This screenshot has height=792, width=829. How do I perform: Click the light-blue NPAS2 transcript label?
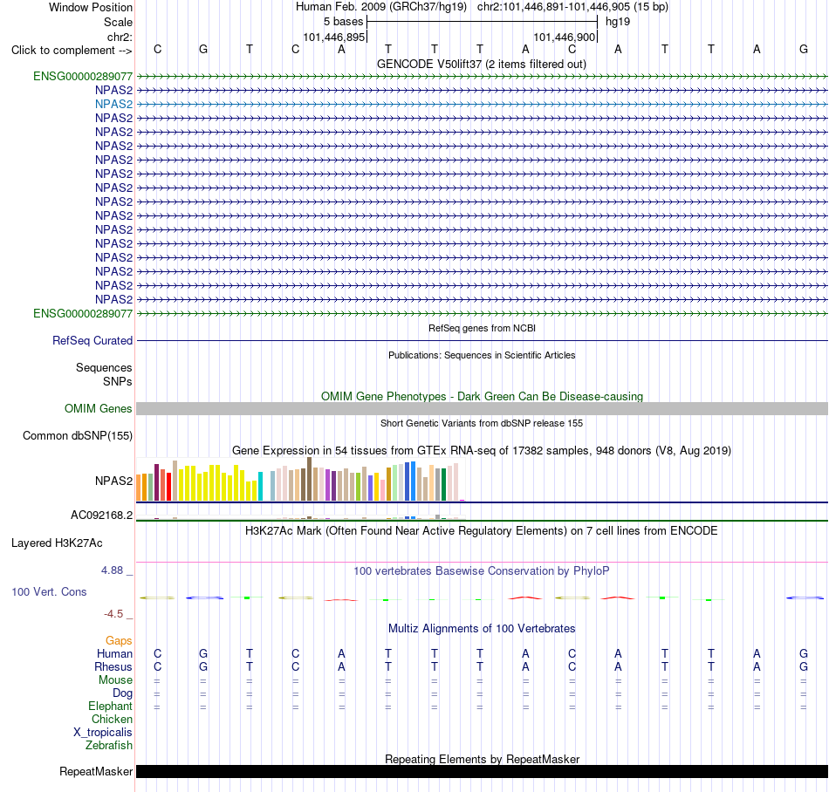coord(113,104)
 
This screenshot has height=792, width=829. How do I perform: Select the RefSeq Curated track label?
coord(92,341)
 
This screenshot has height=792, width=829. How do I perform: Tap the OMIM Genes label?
coord(99,408)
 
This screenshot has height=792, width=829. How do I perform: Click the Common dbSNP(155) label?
coord(78,436)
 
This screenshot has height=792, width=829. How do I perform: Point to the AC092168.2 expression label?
coord(102,515)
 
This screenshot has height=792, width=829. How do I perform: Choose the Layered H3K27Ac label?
coord(57,543)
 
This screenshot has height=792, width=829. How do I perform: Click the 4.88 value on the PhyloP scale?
coord(112,570)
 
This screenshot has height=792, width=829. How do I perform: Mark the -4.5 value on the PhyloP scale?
coord(113,614)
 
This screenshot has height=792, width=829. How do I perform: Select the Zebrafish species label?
coord(109,746)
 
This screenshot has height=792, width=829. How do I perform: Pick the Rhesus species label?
coord(113,666)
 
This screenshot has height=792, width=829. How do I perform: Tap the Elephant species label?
coord(111,707)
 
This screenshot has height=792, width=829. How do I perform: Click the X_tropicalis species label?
coord(103,733)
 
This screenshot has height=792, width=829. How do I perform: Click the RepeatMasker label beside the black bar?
coord(96,771)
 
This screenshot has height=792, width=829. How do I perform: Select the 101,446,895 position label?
coord(334,37)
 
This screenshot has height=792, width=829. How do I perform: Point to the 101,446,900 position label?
coord(564,37)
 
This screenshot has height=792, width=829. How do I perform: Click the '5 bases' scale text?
coord(344,22)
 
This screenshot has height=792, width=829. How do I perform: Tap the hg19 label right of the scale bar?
coord(618,22)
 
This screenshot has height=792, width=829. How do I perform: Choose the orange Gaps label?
coord(119,641)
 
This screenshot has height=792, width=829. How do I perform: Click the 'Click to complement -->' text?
coord(72,51)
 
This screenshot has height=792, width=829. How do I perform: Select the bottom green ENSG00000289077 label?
coord(83,313)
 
